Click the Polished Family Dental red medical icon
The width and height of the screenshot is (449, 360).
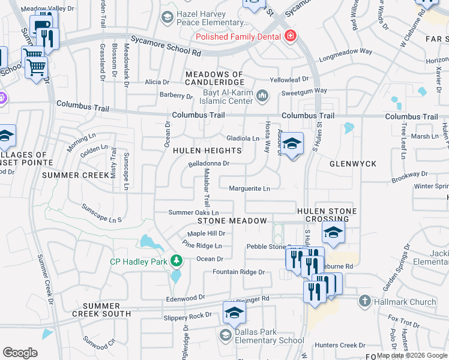click(x=291, y=36)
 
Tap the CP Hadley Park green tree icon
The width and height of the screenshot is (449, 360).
click(x=176, y=260)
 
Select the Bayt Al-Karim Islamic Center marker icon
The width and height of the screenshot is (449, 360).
click(x=262, y=95)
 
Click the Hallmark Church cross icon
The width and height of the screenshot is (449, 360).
click(x=364, y=301)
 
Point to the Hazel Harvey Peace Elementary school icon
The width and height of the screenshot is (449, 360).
click(x=166, y=18)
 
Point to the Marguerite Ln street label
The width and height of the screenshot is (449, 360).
click(x=250, y=188)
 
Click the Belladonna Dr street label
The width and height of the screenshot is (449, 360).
click(x=209, y=163)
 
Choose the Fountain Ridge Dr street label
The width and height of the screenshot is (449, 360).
click(x=239, y=272)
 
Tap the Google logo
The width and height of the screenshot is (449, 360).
click(x=20, y=353)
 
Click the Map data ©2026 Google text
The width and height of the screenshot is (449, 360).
click(x=412, y=355)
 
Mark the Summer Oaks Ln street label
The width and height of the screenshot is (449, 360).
click(x=193, y=212)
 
